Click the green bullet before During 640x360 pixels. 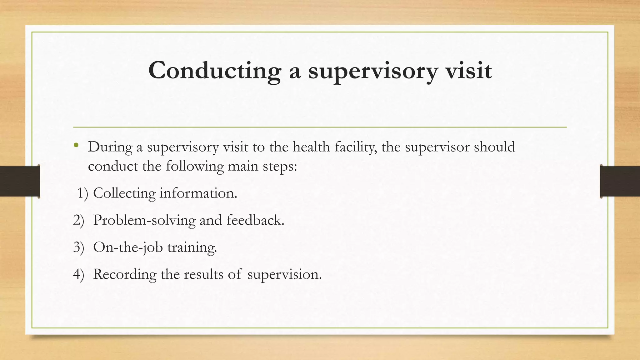click(76, 145)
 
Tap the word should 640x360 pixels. click(494, 147)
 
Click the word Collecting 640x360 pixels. click(124, 193)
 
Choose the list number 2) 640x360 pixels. click(79, 220)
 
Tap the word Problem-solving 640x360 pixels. click(144, 221)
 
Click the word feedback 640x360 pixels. click(255, 220)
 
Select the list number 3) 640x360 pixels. click(79, 247)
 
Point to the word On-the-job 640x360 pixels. click(128, 247)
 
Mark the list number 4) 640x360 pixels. click(79, 274)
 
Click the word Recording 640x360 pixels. click(125, 274)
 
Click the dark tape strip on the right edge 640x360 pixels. click(620, 181)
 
